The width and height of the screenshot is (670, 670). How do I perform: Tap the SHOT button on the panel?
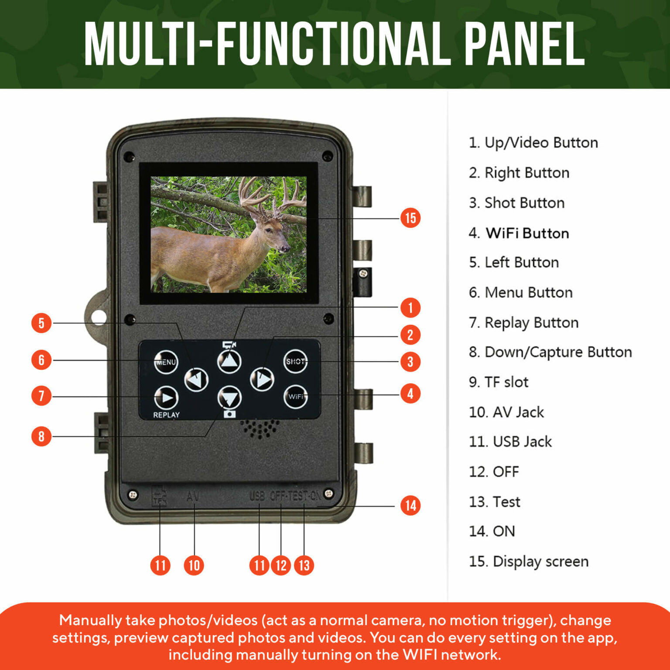coord(295,361)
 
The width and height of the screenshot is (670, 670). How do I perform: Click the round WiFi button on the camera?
coord(295,397)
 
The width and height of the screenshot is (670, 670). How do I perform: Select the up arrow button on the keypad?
coord(229,361)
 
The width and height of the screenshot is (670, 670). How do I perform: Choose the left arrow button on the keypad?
coord(196,379)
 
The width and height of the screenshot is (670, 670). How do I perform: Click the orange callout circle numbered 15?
coord(410,218)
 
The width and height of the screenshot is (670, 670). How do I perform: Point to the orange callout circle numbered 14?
coord(410,506)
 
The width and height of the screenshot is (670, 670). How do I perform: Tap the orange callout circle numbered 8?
coord(41,436)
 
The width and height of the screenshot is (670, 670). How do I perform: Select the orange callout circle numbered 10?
coord(194,565)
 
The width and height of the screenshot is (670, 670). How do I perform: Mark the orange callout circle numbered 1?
coord(410,308)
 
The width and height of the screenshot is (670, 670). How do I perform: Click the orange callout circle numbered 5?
coord(41,323)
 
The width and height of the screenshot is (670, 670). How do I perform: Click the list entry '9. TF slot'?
coord(498,382)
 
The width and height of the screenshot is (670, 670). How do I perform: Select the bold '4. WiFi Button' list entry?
coord(519,233)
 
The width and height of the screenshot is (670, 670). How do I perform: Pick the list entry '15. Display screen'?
coord(528,561)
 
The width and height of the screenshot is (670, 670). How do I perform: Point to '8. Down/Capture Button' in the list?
coord(550,352)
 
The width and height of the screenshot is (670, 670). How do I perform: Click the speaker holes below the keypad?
coord(260,429)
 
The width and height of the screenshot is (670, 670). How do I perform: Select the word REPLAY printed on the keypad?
coord(166,415)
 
